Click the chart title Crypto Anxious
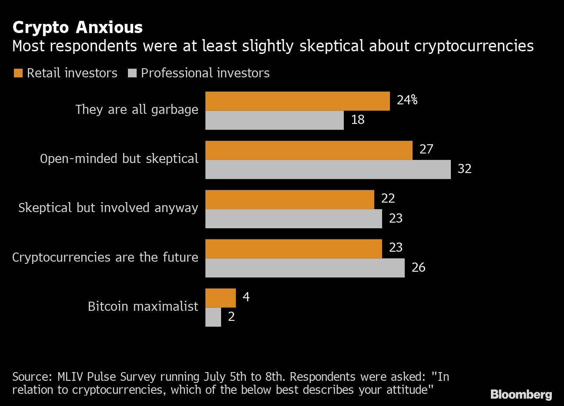click(77, 27)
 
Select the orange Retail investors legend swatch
click(18, 73)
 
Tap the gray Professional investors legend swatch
click(132, 73)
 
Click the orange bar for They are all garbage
click(297, 101)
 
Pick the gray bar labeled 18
click(274, 120)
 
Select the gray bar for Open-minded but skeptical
click(328, 170)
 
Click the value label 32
click(464, 169)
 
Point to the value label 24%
click(407, 100)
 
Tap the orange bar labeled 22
click(289, 199)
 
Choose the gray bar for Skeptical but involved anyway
click(293, 219)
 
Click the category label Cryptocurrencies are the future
click(105, 257)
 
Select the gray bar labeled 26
click(305, 268)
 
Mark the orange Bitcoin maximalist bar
click(220, 298)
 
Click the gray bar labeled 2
click(213, 317)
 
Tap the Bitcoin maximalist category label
click(143, 306)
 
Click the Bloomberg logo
click(521, 394)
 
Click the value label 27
click(426, 150)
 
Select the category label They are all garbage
click(137, 110)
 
